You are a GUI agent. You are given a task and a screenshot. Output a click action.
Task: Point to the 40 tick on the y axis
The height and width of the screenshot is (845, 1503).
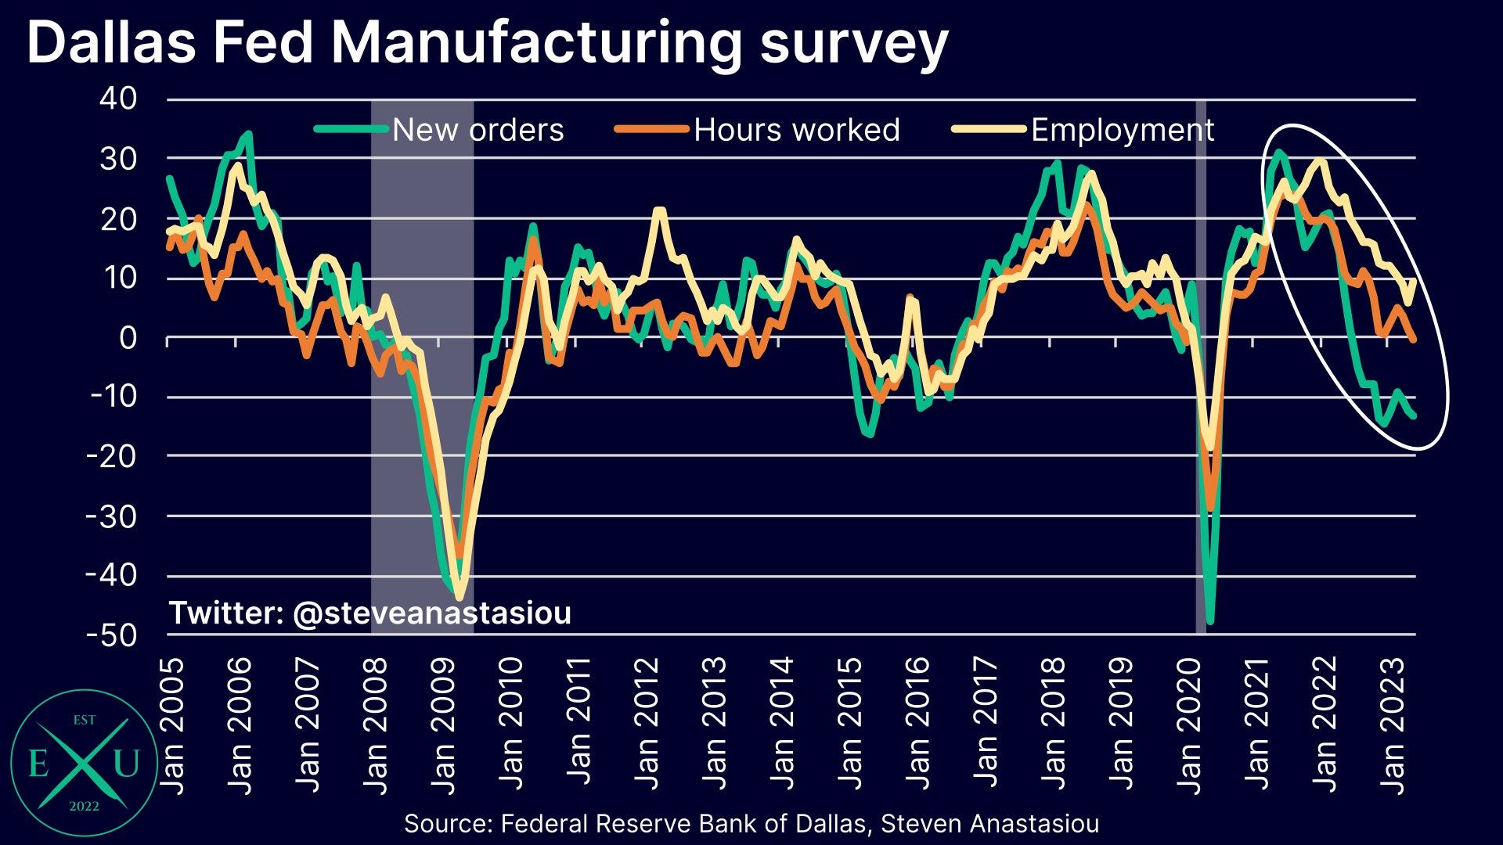118,99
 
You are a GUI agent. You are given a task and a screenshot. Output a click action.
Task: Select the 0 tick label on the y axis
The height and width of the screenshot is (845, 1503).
127,338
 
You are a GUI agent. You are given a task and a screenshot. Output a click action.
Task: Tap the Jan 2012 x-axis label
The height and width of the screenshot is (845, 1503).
647,725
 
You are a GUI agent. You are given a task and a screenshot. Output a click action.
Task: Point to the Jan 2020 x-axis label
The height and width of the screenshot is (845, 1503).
1189,725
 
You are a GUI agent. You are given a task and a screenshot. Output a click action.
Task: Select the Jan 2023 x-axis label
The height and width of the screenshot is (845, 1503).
1393,725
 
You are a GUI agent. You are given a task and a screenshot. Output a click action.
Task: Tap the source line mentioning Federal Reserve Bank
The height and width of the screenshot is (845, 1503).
751,824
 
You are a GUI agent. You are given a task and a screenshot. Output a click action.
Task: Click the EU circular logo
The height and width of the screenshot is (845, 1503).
84,763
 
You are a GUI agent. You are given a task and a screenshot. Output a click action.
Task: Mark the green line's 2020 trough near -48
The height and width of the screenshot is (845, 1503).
1210,622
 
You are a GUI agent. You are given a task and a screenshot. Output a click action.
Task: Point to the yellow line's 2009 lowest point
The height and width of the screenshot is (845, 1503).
460,598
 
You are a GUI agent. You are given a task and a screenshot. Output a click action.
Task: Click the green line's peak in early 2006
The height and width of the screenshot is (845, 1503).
248,134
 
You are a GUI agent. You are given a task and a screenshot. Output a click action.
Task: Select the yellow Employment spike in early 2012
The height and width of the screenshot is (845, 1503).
659,210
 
